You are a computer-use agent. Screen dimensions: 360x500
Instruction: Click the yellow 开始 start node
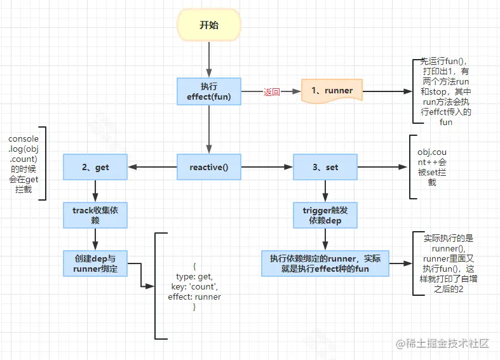point(208,25)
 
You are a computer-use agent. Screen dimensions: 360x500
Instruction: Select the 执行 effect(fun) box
point(209,91)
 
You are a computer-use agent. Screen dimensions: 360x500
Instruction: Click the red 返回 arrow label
point(271,92)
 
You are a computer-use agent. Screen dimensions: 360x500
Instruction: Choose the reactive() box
point(208,168)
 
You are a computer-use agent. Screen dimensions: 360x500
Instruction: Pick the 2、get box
point(95,168)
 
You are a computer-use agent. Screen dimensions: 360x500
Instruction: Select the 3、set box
point(325,168)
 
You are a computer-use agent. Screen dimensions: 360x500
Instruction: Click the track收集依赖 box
point(95,215)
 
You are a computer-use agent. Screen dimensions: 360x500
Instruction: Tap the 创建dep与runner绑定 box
point(95,263)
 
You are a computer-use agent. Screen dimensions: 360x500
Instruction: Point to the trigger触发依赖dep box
point(325,215)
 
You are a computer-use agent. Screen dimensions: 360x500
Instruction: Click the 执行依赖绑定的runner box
point(325,263)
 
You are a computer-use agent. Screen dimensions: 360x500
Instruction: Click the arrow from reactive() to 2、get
point(152,168)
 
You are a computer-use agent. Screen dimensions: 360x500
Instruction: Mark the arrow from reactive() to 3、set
point(267,168)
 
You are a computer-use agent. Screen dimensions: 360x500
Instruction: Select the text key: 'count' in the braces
point(194,287)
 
